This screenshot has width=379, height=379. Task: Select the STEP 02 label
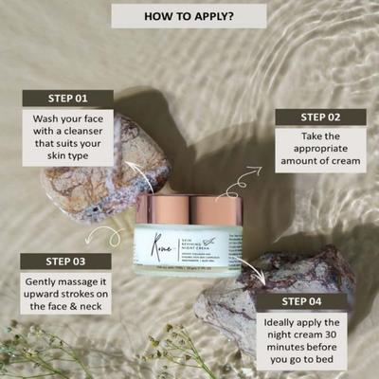320,117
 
